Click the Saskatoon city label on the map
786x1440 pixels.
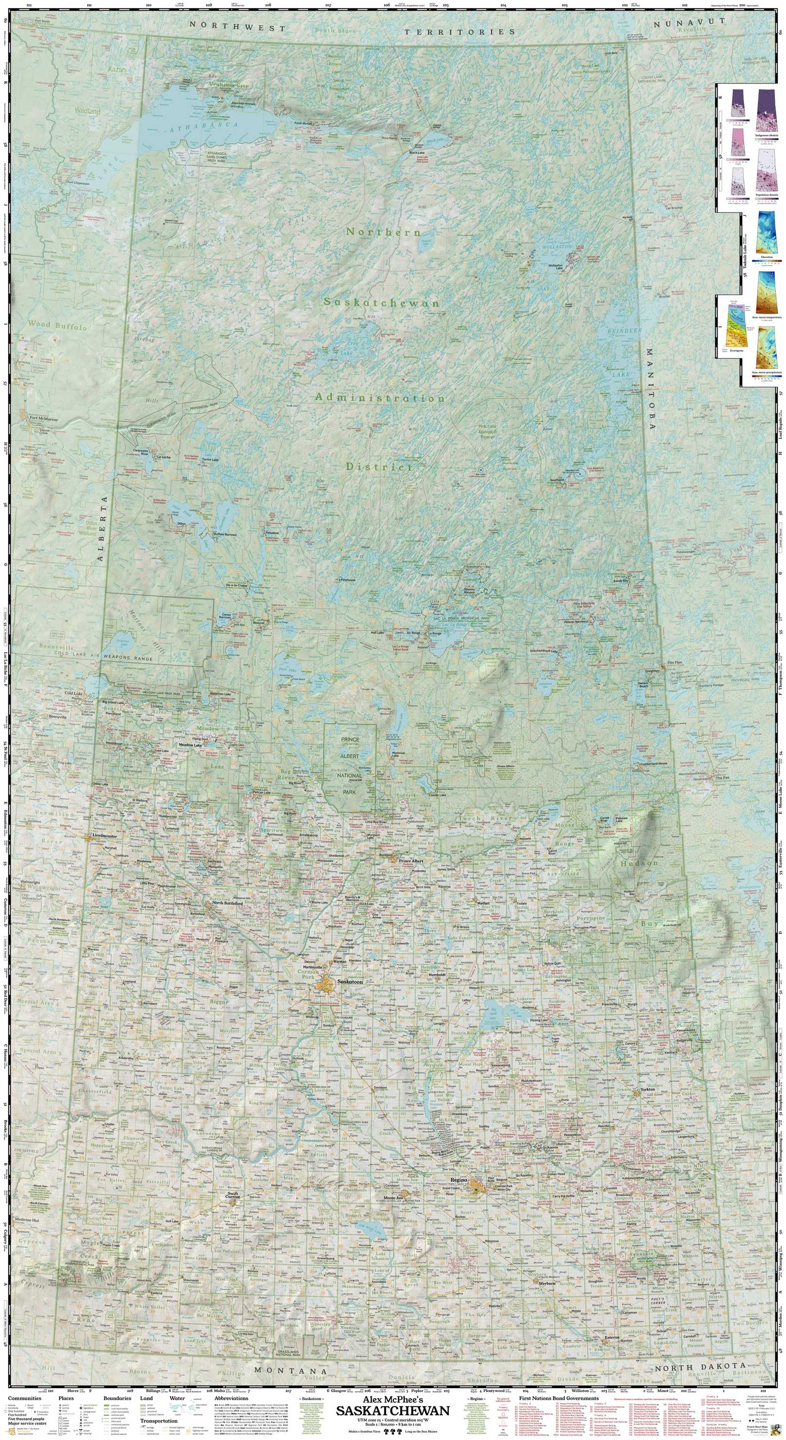point(350,982)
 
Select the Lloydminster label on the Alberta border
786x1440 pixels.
point(105,836)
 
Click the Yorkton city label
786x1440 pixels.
point(647,1089)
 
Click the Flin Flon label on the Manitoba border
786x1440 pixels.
point(674,663)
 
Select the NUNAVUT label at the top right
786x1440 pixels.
point(689,23)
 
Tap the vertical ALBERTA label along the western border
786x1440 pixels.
point(102,528)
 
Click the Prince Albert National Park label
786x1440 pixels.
point(350,765)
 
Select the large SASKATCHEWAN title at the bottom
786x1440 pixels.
point(393,1411)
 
